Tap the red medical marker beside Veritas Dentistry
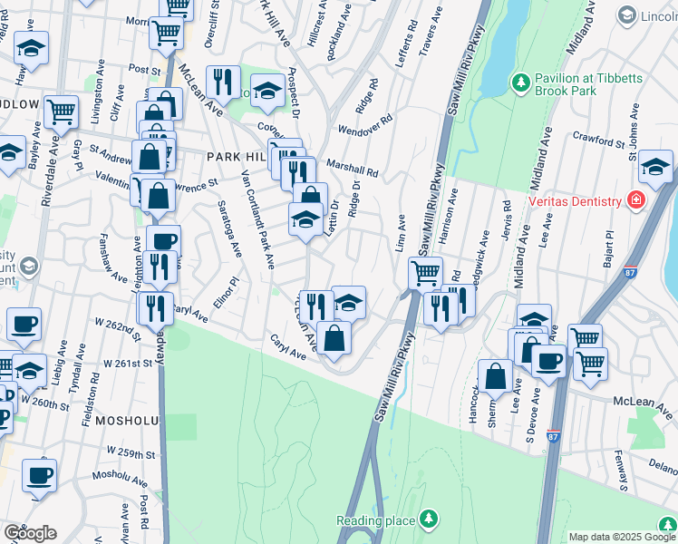click(636, 200)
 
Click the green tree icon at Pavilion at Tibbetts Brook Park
click(520, 84)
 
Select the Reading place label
click(375, 520)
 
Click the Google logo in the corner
click(30, 533)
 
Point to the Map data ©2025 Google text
click(622, 537)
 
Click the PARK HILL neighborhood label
click(235, 157)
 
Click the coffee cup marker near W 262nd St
click(24, 322)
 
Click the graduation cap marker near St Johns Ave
click(655, 165)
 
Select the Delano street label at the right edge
click(665, 470)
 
